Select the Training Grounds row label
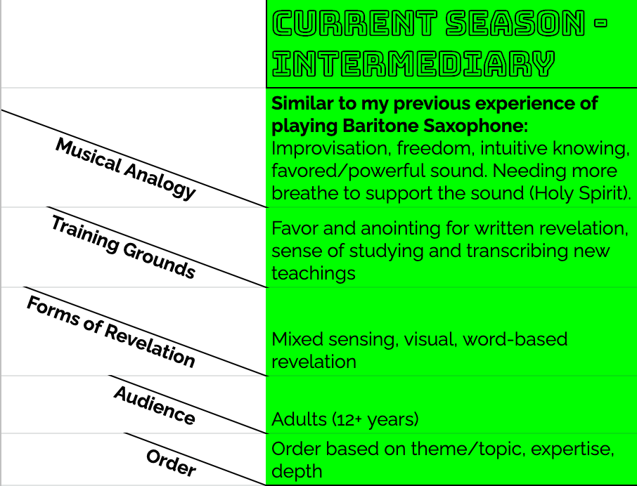coord(123,247)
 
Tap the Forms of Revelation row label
coord(110,331)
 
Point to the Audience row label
coord(154,405)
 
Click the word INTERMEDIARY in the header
coord(413,65)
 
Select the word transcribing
coord(490,251)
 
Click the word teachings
coord(314,273)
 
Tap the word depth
coord(297,471)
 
